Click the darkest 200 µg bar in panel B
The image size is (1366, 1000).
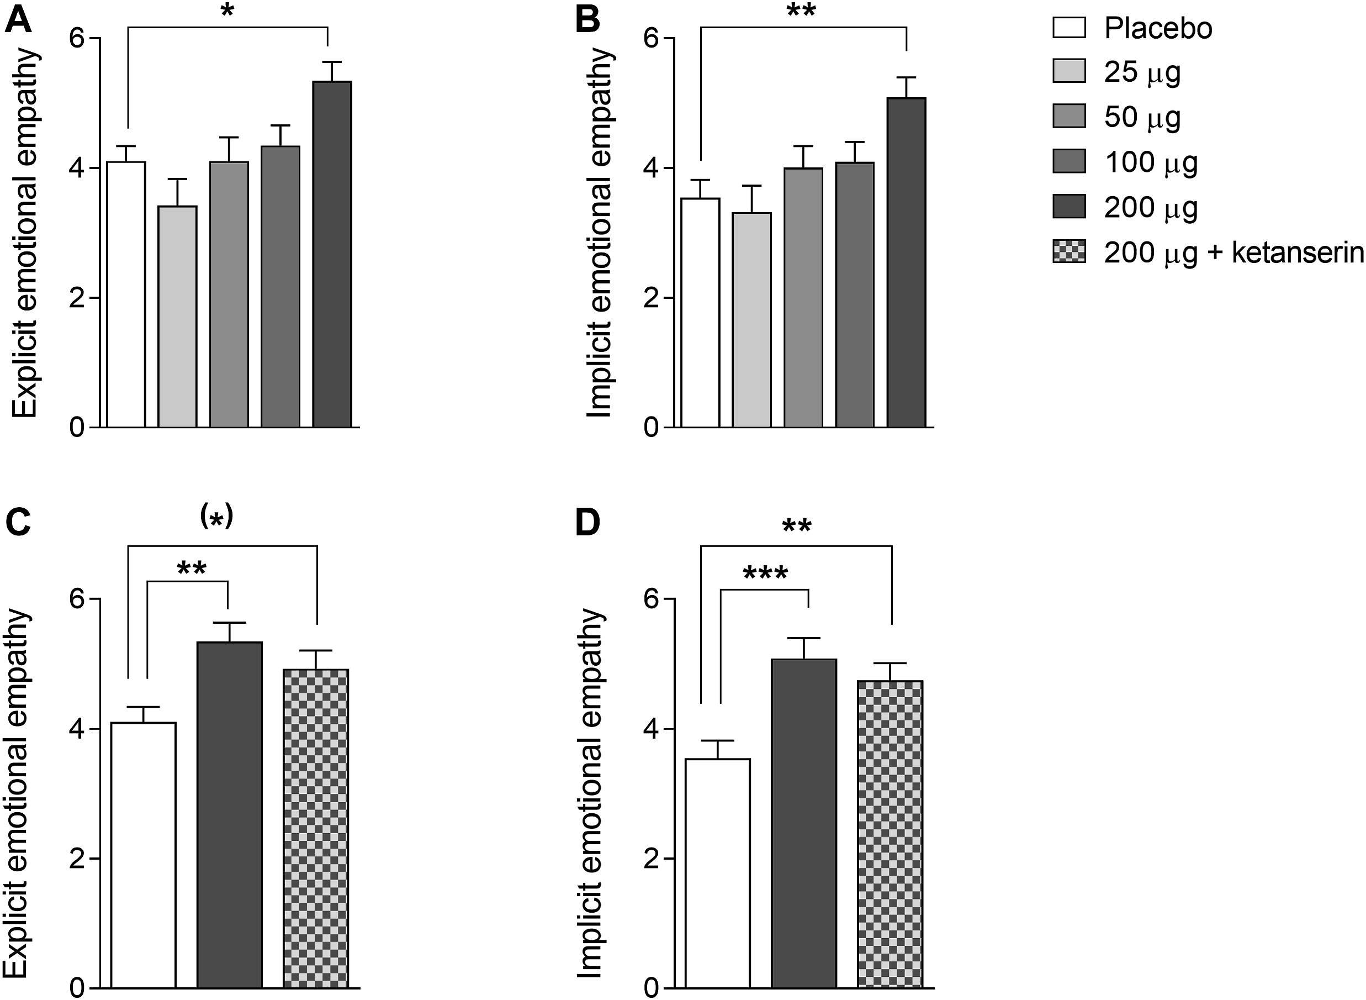[906, 263]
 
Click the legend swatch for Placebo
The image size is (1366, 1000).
[1069, 27]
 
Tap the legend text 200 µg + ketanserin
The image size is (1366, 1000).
[1233, 253]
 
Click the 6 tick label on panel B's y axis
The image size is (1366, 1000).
[650, 38]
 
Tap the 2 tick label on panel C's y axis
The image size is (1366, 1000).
[77, 860]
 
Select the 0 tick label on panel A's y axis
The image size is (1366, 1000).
[77, 428]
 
